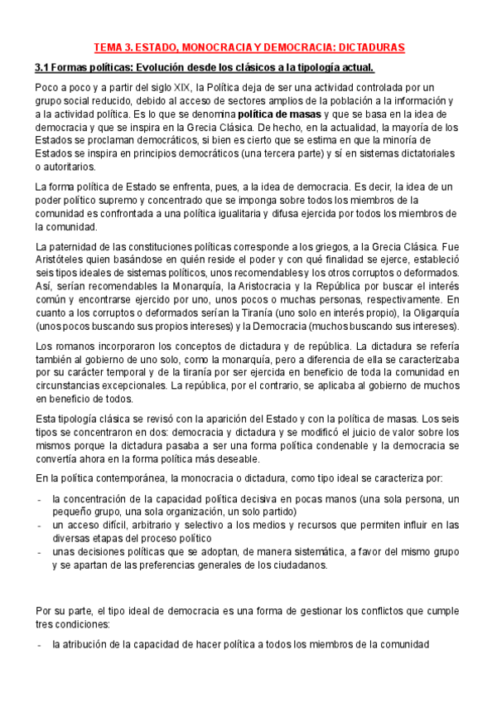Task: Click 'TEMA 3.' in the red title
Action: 112,48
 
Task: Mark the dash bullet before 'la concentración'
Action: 41,500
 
